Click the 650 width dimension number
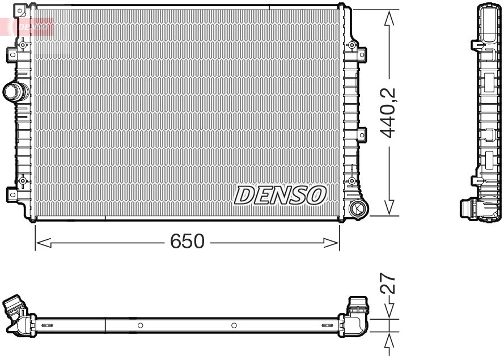coord(187,242)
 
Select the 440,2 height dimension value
coord(388,113)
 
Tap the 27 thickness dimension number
coord(388,282)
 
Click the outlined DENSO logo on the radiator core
coord(281,195)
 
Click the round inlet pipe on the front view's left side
coord(13,91)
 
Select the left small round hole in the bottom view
coord(140,325)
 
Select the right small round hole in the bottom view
coord(234,325)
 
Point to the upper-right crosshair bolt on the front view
coord(351,45)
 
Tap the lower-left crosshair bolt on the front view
coord(23,181)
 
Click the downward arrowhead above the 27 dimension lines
coord(389,311)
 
